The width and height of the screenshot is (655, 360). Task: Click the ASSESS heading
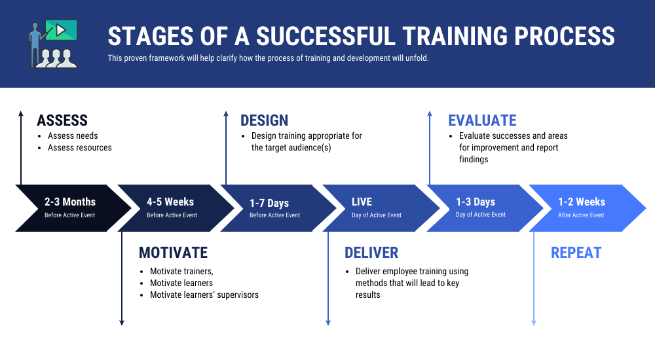62,120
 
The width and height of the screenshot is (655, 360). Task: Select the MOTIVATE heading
173,253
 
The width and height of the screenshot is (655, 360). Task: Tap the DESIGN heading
264,120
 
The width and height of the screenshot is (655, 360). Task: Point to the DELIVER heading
371,253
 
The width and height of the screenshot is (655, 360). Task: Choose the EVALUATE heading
482,120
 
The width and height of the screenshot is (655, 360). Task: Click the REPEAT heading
576,253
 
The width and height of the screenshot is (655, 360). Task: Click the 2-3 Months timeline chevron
69,207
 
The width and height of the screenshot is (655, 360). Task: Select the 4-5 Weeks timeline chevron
172,207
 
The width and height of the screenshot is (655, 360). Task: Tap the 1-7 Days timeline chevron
274,207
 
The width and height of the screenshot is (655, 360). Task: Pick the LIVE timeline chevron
377,207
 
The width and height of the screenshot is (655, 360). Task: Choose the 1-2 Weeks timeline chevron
582,207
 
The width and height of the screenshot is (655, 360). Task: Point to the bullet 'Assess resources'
80,148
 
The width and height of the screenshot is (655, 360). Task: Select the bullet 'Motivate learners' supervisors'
204,295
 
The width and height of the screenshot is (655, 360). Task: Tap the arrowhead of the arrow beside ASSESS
21,115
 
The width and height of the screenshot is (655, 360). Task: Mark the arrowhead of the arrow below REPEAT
533,321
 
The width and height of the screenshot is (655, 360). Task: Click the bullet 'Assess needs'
73,136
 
